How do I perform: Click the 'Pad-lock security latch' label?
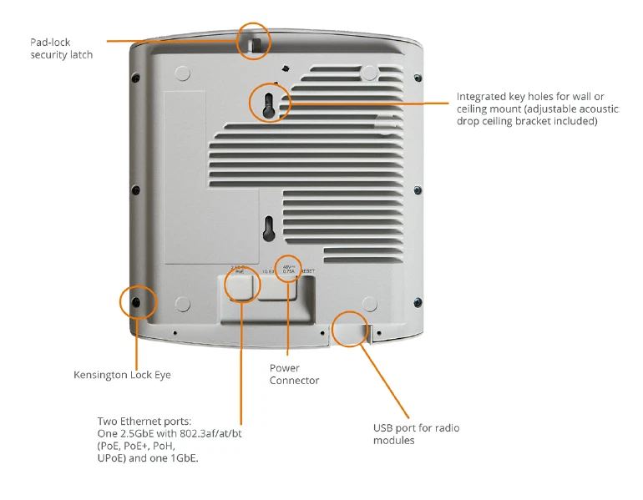[62, 48]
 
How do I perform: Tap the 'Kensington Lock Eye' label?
[122, 375]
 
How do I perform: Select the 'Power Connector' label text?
[294, 374]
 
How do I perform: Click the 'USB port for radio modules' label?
[416, 434]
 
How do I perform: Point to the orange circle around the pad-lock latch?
[254, 40]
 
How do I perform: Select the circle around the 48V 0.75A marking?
[288, 269]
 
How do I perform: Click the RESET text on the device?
[308, 271]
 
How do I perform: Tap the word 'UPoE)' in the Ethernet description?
[114, 458]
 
